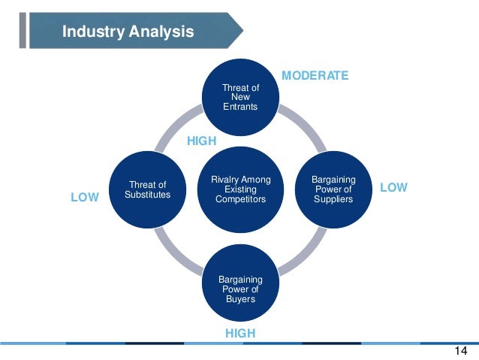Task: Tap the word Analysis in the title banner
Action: pyautogui.click(x=160, y=32)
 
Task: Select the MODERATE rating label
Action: pyautogui.click(x=315, y=75)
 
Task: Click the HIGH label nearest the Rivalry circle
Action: pyautogui.click(x=201, y=141)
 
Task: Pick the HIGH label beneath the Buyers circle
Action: pyautogui.click(x=240, y=333)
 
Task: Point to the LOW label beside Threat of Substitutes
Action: pyautogui.click(x=84, y=197)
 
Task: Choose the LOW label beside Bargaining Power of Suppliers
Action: pyautogui.click(x=393, y=187)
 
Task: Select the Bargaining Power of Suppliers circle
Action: pyautogui.click(x=334, y=189)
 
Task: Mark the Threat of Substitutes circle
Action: pyautogui.click(x=147, y=189)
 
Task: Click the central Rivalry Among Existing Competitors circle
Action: pyautogui.click(x=240, y=189)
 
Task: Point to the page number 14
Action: pyautogui.click(x=461, y=351)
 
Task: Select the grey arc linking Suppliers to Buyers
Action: pyautogui.click(x=303, y=253)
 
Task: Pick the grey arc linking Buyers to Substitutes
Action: pyautogui.click(x=177, y=253)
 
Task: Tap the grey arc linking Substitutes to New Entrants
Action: pyautogui.click(x=178, y=126)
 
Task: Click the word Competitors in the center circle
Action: pyautogui.click(x=240, y=199)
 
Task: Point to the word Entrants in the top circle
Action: pyautogui.click(x=240, y=107)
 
